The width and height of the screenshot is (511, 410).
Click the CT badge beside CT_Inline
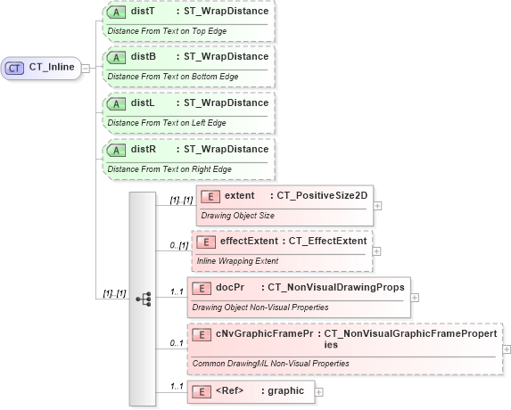15,68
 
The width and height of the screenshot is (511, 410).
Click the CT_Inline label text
52,68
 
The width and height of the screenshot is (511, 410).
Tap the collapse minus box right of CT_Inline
85,68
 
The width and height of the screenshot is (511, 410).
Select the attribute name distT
143,11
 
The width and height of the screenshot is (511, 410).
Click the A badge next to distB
115,57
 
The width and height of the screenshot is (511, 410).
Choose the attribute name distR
143,149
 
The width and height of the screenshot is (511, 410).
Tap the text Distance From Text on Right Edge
169,169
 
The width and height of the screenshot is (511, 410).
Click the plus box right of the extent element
378,205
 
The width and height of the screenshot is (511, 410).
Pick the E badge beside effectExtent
205,242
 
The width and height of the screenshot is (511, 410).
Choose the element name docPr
230,288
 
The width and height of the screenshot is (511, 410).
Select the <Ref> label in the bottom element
230,390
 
